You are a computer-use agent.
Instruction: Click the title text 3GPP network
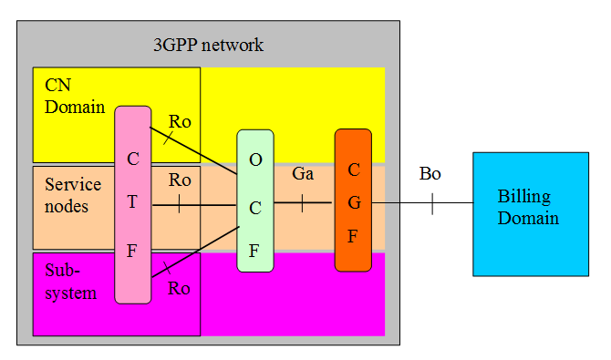(x=208, y=45)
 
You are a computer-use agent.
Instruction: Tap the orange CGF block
(x=353, y=201)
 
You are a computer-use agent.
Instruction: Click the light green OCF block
(x=255, y=201)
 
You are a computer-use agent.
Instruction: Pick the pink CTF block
(x=133, y=204)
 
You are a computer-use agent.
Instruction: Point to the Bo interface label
(x=430, y=173)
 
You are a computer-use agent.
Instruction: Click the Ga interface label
(x=303, y=173)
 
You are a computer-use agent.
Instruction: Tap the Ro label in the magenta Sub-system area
(x=179, y=289)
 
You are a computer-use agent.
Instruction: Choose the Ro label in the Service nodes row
(x=180, y=180)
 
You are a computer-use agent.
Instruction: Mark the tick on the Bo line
(x=432, y=202)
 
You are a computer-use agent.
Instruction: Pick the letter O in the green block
(x=255, y=159)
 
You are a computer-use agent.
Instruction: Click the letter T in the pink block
(x=133, y=203)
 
